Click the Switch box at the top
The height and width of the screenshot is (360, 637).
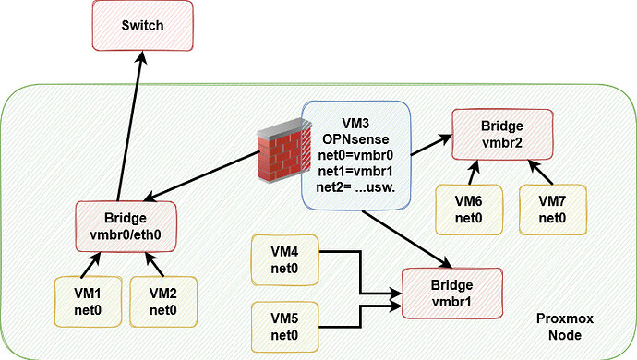point(142,26)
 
